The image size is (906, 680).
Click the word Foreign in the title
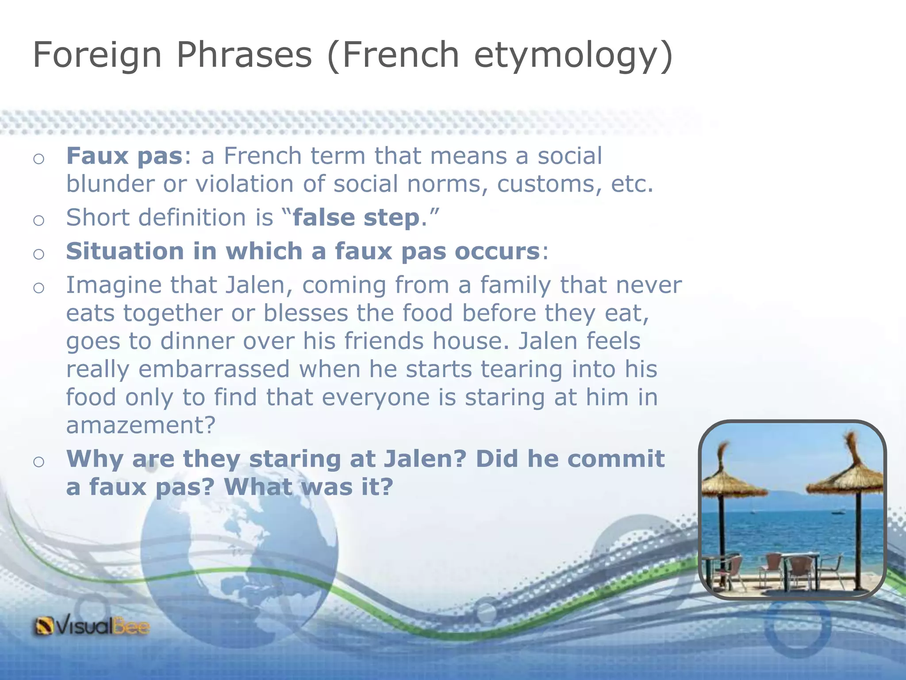point(97,55)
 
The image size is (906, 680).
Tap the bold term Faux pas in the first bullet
point(124,156)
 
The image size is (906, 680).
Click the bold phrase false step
point(356,218)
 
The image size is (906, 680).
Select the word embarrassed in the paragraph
point(214,369)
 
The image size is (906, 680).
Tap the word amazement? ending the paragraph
point(141,425)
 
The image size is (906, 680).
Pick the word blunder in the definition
point(110,184)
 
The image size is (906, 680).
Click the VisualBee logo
point(92,626)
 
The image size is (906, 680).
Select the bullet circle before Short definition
point(39,220)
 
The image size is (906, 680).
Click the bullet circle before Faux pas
point(39,158)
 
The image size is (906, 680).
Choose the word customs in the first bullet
point(549,184)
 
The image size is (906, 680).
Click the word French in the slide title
point(401,55)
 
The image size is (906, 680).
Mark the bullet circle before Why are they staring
point(39,462)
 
